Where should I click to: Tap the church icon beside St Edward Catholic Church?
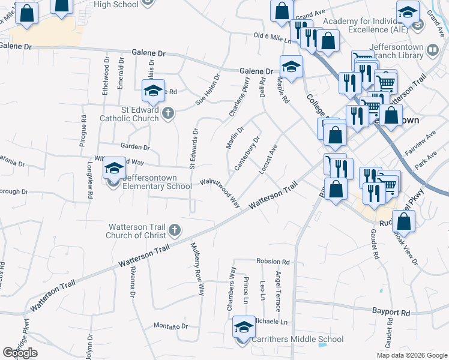[169, 112]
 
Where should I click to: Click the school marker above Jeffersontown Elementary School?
[113, 170]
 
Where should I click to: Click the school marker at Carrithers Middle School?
[243, 329]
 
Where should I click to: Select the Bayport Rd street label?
[391, 313]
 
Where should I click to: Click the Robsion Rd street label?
[273, 262]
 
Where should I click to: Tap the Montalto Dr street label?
[170, 326]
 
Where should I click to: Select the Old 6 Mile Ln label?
[272, 38]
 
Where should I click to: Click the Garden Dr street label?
[134, 146]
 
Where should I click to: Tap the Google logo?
[20, 353]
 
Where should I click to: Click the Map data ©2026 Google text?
[411, 355]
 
